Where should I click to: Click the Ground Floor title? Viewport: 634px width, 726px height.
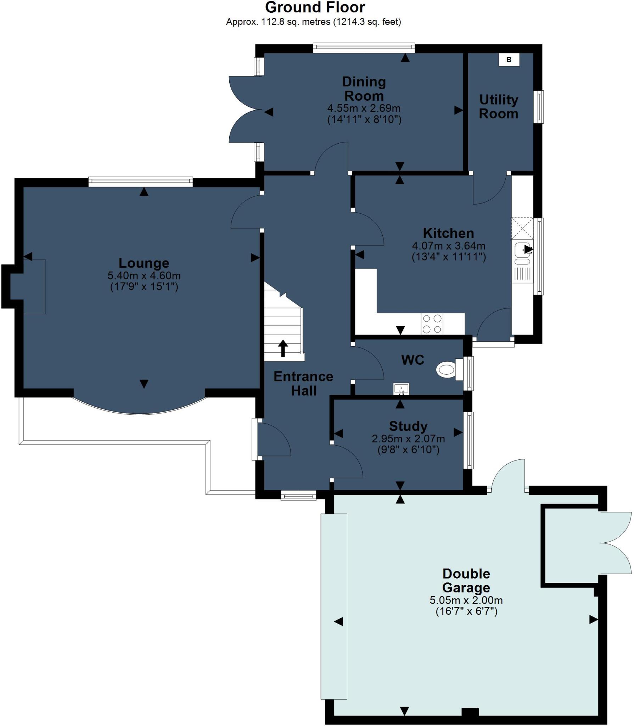315,7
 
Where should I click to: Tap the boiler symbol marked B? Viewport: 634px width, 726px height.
509,60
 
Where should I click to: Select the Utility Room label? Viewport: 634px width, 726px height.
498,107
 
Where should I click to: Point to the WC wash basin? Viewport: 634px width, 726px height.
401,389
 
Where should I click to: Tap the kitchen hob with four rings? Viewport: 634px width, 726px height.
432,324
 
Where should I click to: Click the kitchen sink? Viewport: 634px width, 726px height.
522,250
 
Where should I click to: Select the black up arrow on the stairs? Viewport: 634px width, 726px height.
283,348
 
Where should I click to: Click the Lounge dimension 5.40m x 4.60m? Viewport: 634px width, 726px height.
144,275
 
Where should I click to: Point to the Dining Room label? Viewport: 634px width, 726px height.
364,89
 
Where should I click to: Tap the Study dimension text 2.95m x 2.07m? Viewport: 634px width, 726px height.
408,439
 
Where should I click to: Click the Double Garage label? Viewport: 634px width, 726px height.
466,580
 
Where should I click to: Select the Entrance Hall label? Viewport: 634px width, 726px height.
303,384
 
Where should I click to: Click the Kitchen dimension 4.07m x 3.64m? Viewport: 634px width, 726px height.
448,246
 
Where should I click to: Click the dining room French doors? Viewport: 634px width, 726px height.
245,110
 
